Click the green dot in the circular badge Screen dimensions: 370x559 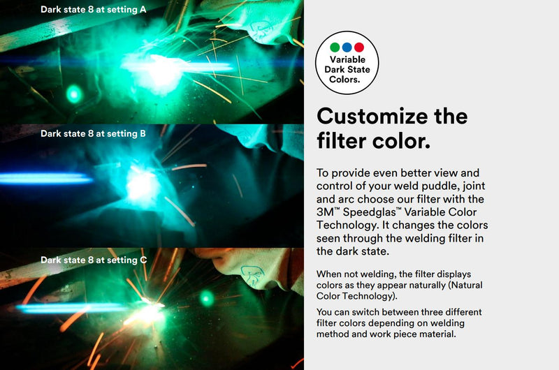(335, 47)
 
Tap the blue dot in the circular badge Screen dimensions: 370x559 (347, 47)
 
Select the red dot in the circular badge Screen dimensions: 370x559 (358, 47)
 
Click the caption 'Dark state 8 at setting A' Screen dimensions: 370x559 (94, 10)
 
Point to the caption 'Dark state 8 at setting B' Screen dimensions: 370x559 (93, 133)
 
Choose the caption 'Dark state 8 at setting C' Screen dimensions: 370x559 (94, 260)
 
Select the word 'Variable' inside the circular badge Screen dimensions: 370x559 (347, 60)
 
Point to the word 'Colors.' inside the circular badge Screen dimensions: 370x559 (347, 80)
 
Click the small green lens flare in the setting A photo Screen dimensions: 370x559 (73, 93)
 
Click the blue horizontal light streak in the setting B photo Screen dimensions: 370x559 (45, 179)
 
